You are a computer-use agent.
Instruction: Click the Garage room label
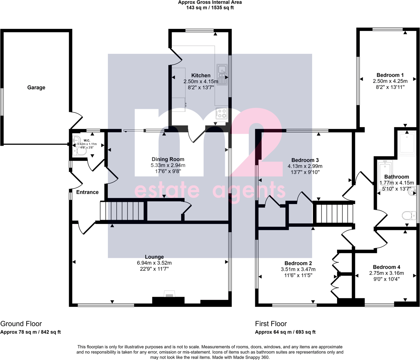[x=36, y=87]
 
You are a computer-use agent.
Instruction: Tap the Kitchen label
[x=201, y=75]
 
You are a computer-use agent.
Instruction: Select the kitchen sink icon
[x=222, y=75]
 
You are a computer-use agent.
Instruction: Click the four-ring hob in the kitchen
[x=222, y=113]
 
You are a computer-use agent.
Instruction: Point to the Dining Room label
[x=168, y=159]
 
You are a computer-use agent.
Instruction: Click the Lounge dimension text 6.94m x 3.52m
[x=154, y=263]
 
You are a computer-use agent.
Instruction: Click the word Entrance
[x=87, y=192]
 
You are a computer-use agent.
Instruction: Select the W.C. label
[x=87, y=140]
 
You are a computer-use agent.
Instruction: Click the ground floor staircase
[x=122, y=211]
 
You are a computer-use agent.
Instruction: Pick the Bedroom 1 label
[x=390, y=75]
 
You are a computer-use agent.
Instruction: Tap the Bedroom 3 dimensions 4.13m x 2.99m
[x=305, y=166]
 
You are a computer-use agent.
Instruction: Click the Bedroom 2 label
[x=298, y=263]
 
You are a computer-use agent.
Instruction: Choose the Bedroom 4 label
[x=387, y=267]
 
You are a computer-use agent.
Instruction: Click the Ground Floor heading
[x=21, y=324]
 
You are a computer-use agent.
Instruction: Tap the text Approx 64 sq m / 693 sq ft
[x=285, y=332]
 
